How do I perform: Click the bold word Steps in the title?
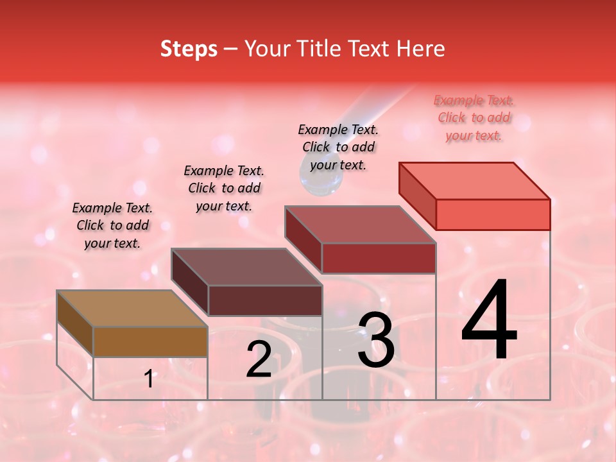pyautogui.click(x=189, y=49)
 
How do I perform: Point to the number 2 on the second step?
pyautogui.click(x=259, y=359)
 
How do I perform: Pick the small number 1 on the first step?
pyautogui.click(x=149, y=379)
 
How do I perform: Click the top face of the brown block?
pyautogui.click(x=132, y=309)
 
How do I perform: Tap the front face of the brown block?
pyautogui.click(x=150, y=342)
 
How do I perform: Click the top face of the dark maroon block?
pyautogui.click(x=246, y=267)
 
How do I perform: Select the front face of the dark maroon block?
pyautogui.click(x=265, y=300)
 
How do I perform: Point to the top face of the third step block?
pyautogui.click(x=360, y=225)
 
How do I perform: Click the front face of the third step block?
pyautogui.click(x=379, y=258)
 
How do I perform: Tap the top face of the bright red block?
pyautogui.click(x=474, y=181)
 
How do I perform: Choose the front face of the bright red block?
pyautogui.click(x=493, y=214)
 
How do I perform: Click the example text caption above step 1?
pyautogui.click(x=112, y=225)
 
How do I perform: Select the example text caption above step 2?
pyautogui.click(x=224, y=188)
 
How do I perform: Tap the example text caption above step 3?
pyautogui.click(x=338, y=147)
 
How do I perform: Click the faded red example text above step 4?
pyautogui.click(x=474, y=117)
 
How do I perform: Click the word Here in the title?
pyautogui.click(x=420, y=49)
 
